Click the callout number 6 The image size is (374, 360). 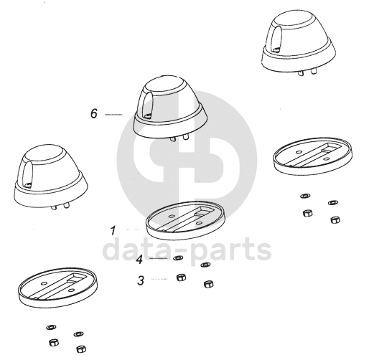coord(94,113)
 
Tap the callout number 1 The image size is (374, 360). coord(113,230)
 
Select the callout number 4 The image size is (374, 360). coord(139,260)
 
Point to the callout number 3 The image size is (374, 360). coord(141,280)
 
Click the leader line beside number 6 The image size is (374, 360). coord(113,115)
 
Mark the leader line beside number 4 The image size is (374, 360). coord(159,258)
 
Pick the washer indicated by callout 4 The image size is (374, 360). coord(178,258)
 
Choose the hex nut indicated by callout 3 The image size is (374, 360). coord(181,278)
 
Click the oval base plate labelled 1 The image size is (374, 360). coord(186,220)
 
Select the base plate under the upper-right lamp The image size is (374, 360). coord(313,156)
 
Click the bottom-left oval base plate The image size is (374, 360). coord(58,288)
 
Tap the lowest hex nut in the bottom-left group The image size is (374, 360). coord(81,349)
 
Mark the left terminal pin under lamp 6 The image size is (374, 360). coord(172,139)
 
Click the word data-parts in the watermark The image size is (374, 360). coord(187,250)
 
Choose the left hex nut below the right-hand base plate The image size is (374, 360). coord(307,213)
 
